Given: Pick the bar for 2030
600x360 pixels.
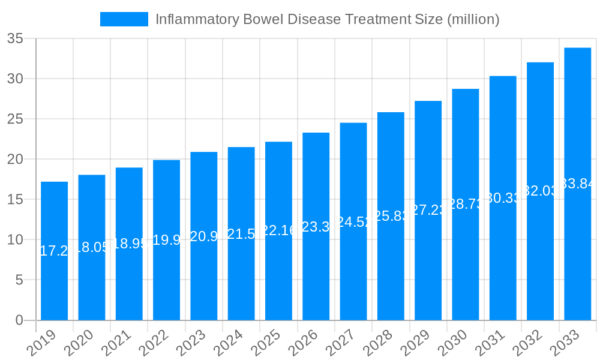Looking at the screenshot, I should (465, 204).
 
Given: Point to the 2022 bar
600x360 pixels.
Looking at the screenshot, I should (166, 240).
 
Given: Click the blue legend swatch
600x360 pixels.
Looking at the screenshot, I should (124, 19).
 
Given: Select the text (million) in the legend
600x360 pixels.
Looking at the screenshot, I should (473, 19).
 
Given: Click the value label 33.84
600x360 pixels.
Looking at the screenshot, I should (577, 184).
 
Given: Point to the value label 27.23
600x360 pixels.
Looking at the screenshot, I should (428, 210).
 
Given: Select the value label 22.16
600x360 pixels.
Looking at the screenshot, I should (278, 230).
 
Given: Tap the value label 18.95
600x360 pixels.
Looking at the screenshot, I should (129, 244).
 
